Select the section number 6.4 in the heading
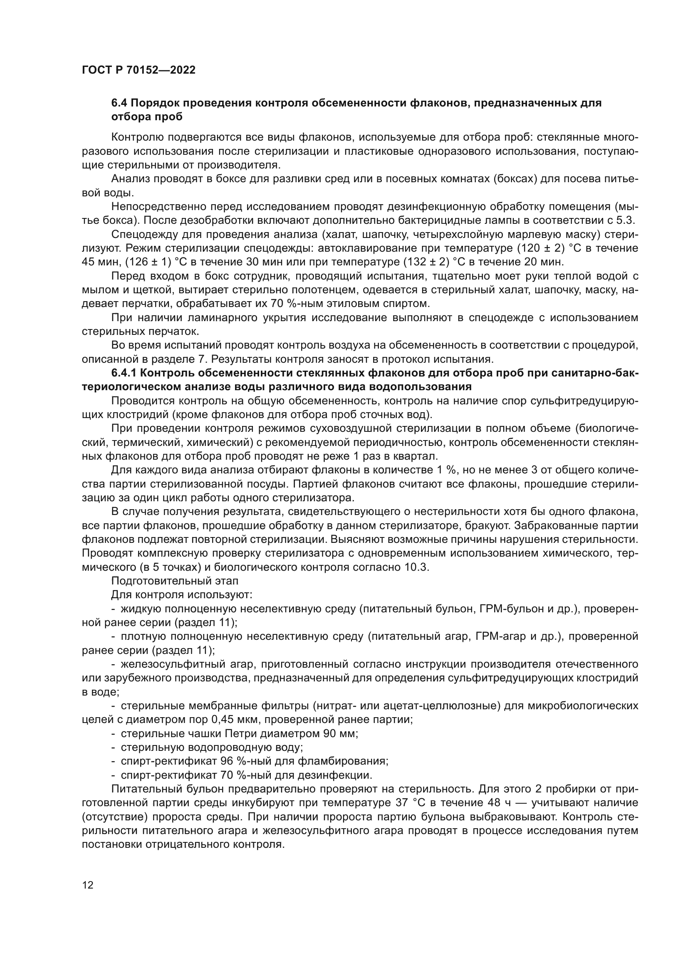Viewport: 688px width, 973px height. (119, 103)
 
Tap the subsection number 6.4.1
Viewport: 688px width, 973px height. (124, 373)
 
